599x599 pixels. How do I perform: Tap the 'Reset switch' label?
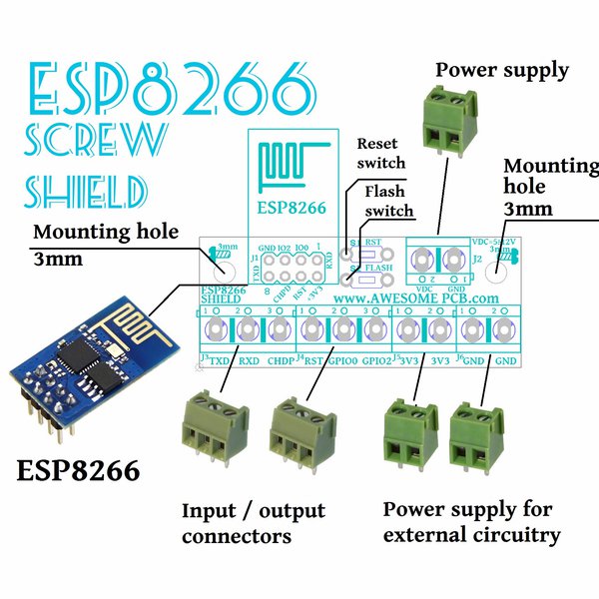(x=381, y=153)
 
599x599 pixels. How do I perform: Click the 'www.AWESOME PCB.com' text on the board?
(x=415, y=298)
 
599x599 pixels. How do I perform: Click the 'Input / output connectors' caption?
(x=253, y=523)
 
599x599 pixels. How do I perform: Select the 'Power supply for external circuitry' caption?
(x=471, y=521)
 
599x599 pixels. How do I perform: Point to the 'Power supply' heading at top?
(x=502, y=70)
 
